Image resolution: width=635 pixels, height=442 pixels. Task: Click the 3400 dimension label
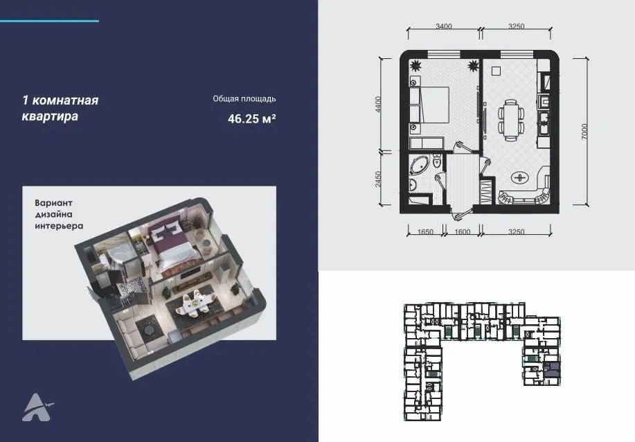tap(443, 26)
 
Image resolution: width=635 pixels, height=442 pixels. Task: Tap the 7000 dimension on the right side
tap(584, 132)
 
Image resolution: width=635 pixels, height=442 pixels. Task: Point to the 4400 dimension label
tap(378, 104)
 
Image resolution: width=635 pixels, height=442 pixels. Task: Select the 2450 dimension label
tap(378, 179)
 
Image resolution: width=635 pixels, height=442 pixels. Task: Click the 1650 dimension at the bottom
tap(425, 232)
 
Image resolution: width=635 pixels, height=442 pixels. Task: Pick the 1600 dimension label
tap(463, 232)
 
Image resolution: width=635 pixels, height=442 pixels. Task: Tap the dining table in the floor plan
tap(510, 121)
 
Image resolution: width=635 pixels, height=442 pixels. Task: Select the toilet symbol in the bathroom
tap(436, 161)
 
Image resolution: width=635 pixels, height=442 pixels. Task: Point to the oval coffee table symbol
tap(519, 177)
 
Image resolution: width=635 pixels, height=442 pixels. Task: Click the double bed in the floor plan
tap(434, 105)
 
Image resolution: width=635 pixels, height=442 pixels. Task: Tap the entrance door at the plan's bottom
tap(461, 212)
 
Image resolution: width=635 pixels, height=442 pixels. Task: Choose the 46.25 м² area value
tap(252, 118)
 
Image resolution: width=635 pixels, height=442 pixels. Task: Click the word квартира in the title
tap(50, 116)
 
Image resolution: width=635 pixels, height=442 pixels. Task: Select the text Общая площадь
tap(244, 99)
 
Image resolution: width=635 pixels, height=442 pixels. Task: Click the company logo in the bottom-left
tap(37, 407)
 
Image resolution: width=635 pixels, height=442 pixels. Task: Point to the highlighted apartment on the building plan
tap(552, 371)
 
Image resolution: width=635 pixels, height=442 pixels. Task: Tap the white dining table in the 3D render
tap(195, 301)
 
